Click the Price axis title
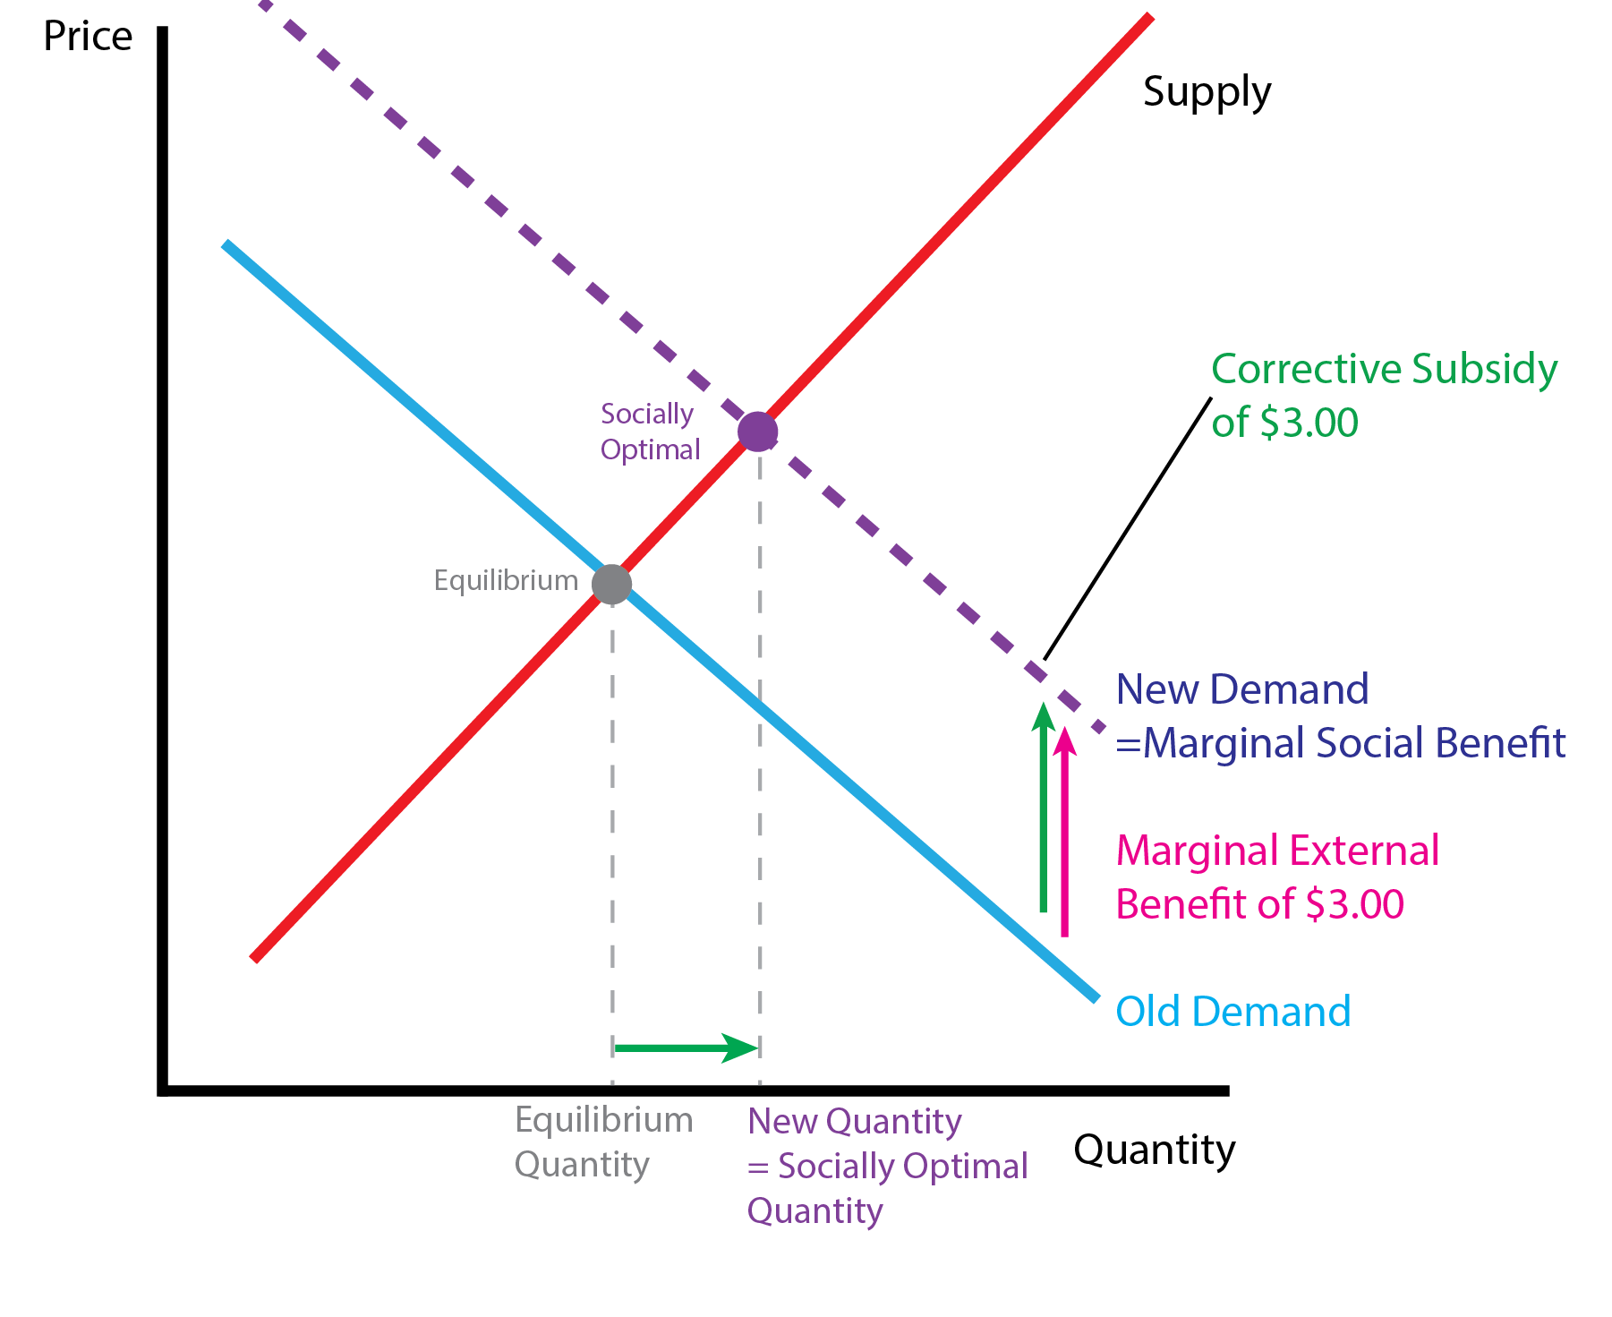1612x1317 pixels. click(x=88, y=38)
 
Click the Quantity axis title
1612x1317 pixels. click(x=1154, y=1150)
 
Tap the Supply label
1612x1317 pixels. click(x=1207, y=92)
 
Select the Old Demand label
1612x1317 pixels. click(x=1232, y=1012)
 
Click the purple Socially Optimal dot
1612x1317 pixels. click(x=758, y=432)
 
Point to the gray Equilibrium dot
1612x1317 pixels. click(x=612, y=585)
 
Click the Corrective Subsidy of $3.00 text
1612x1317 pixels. click(x=1384, y=395)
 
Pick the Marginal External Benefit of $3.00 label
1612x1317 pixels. click(x=1276, y=877)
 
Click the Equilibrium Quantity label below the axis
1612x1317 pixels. click(x=603, y=1142)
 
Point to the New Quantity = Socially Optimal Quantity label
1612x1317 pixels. click(x=886, y=1166)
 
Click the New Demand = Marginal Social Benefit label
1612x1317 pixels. click(x=1340, y=716)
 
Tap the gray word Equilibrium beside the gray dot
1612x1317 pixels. click(x=506, y=581)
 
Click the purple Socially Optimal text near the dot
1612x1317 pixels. click(x=649, y=432)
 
